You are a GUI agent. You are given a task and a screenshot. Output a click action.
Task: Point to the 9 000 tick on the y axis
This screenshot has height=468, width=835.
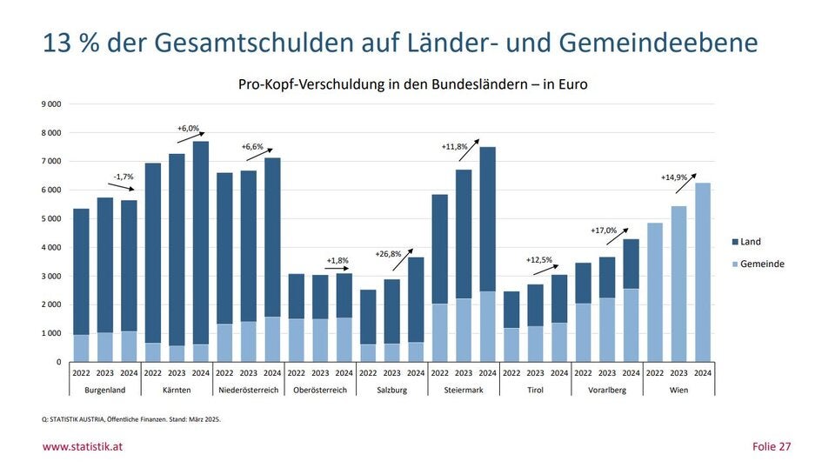pyautogui.click(x=51, y=104)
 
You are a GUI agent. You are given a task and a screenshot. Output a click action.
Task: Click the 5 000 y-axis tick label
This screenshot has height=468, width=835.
pyautogui.click(x=51, y=219)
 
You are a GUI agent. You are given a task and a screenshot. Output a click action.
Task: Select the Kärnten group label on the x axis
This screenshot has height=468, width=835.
pyautogui.click(x=177, y=390)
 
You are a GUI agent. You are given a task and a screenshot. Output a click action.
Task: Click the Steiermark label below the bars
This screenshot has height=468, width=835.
pyautogui.click(x=464, y=390)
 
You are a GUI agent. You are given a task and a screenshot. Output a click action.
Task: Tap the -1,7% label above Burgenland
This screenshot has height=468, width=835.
pyautogui.click(x=123, y=177)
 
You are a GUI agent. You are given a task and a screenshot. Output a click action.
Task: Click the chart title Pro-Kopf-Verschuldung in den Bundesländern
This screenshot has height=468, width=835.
pyautogui.click(x=412, y=84)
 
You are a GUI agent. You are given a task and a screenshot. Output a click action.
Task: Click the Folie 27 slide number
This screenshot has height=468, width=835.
pyautogui.click(x=772, y=447)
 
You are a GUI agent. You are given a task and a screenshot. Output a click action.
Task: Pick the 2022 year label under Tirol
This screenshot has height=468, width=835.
pyautogui.click(x=511, y=373)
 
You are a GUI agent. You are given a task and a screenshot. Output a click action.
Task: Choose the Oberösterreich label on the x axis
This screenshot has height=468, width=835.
pyautogui.click(x=320, y=390)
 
